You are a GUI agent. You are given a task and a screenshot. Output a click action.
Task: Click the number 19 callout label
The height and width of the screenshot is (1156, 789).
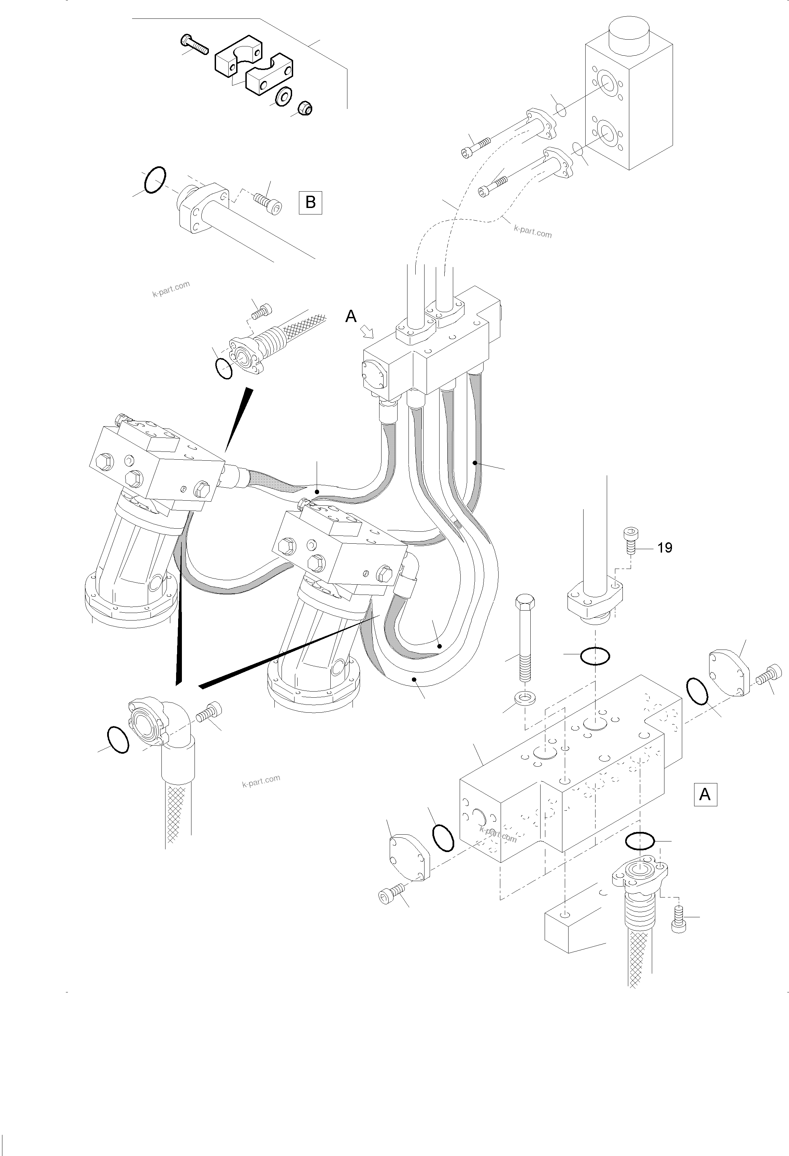click(665, 548)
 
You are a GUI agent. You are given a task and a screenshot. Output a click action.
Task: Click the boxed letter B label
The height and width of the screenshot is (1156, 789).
click(310, 203)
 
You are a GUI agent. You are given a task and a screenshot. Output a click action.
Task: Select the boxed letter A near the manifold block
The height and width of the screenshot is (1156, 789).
click(705, 795)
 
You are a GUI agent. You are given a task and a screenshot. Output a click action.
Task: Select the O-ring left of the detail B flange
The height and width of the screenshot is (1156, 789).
click(155, 180)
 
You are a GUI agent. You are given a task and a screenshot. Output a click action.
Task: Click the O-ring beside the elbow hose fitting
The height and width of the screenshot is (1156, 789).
click(118, 740)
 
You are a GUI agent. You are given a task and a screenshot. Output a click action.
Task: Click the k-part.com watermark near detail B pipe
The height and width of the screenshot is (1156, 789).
click(171, 289)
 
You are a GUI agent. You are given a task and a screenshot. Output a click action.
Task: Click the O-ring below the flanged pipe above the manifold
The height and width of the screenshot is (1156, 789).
click(594, 657)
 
